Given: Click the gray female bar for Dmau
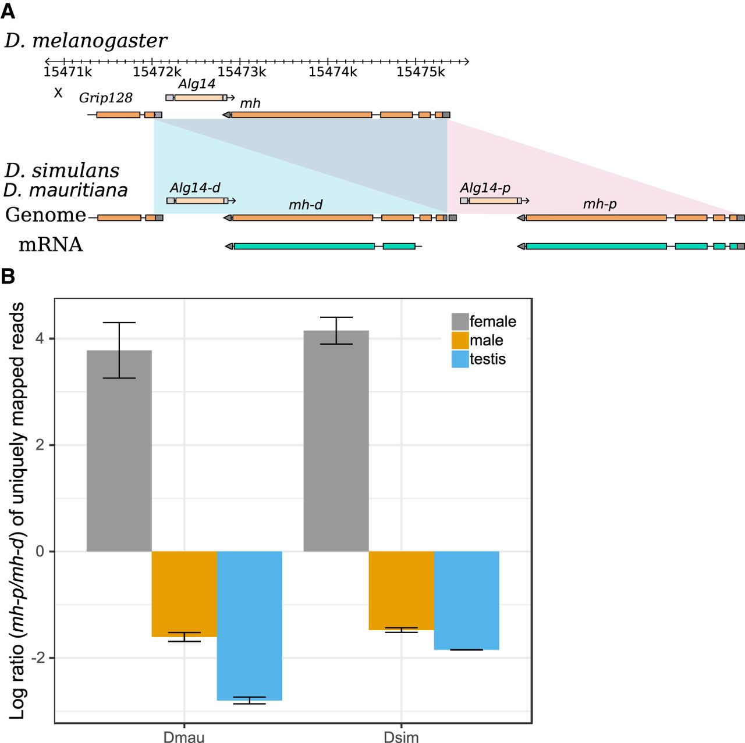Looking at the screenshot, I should click(119, 451).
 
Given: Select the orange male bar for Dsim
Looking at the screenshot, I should click(402, 590).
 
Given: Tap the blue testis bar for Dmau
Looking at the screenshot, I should click(250, 626).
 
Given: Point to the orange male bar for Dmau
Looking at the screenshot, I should click(185, 594).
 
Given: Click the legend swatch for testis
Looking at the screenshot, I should click(460, 359).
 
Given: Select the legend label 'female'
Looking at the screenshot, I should click(492, 322).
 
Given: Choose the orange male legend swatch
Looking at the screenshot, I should click(460, 340).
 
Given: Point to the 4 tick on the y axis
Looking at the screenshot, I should click(40, 338).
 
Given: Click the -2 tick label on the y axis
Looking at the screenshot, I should click(38, 658).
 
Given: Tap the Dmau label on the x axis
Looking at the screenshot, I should click(184, 737).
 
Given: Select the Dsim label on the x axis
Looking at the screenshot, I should click(401, 737).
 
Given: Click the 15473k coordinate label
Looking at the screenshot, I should click(242, 72).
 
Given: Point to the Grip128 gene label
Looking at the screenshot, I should click(105, 98).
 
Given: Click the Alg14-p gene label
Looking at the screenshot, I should click(485, 188).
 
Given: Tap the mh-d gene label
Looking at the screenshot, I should click(306, 205).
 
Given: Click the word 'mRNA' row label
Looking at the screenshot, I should click(51, 245).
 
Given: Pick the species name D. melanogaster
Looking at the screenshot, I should click(86, 41).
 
